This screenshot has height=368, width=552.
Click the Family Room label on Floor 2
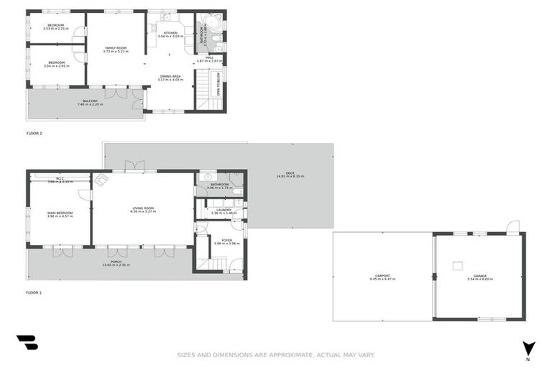point(115,49)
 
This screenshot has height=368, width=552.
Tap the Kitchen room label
point(170,34)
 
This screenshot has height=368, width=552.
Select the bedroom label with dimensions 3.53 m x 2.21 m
point(56,27)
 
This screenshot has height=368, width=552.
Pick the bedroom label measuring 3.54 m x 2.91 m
point(56,64)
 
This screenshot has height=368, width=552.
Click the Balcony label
point(90,103)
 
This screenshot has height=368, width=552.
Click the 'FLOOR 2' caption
point(34,134)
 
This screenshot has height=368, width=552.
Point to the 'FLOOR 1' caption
point(34,293)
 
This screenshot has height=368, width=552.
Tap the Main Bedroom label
point(58,214)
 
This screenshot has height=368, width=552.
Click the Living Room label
point(143,210)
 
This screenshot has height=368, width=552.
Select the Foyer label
point(226,242)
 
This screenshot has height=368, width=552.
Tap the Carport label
point(382,277)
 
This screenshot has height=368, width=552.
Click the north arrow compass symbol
point(529,348)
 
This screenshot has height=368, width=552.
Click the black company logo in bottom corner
point(27,343)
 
